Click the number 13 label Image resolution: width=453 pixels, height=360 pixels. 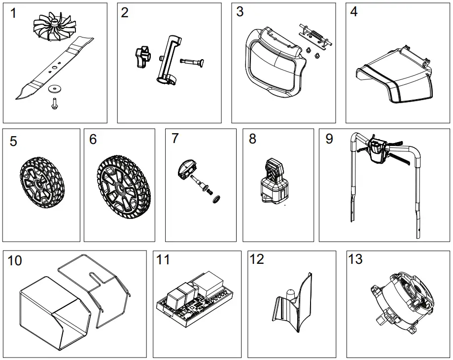355,259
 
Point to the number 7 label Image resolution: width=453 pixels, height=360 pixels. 175,139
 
